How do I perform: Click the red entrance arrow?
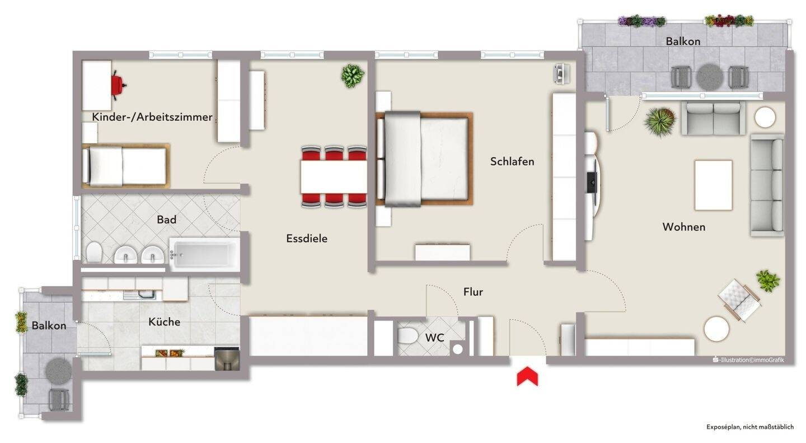pos(527,376)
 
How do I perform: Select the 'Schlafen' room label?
pos(512,161)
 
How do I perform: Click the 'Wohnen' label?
pos(683,227)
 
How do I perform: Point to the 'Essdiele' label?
pos(307,239)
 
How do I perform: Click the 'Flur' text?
pos(473,292)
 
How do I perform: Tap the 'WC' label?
pos(435,338)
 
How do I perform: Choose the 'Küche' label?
pos(164,321)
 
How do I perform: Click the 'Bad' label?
pos(167,220)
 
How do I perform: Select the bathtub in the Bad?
pos(204,255)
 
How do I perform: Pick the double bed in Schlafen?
pos(424,159)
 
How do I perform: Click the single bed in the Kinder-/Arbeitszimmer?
pos(125,166)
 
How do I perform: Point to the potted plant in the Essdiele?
pos(352,76)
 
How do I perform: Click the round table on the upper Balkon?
pos(710,77)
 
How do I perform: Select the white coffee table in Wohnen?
pos(713,185)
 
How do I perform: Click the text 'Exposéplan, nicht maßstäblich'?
pos(750,427)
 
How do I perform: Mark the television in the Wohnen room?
pos(592,183)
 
